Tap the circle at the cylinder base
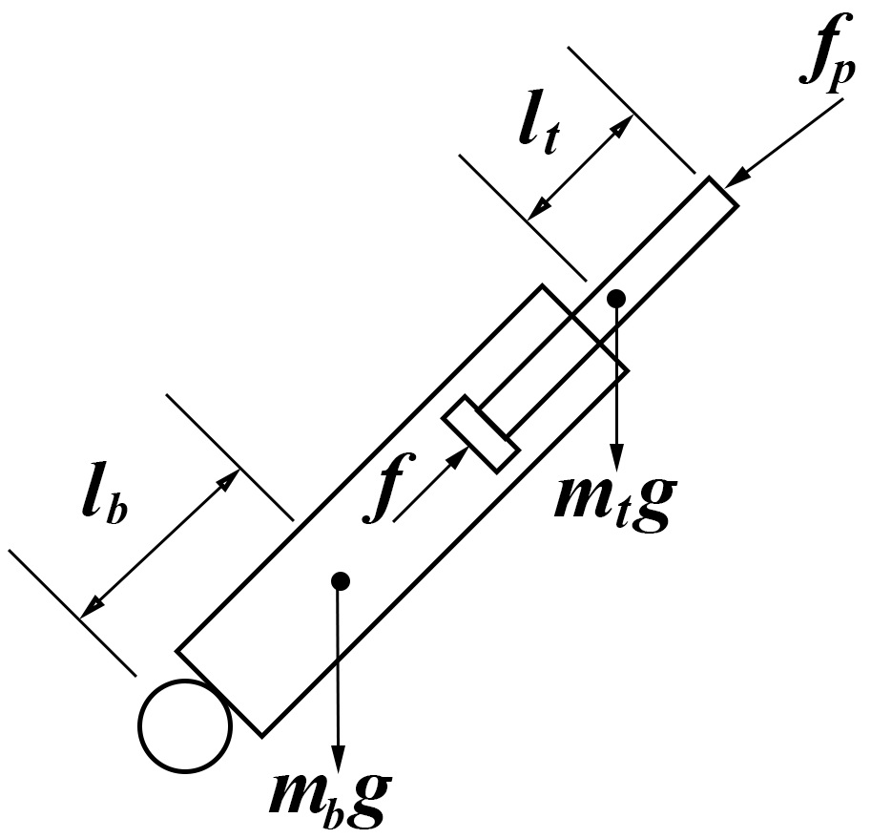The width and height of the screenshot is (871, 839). (185, 724)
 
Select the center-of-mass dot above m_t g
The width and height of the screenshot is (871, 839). (616, 298)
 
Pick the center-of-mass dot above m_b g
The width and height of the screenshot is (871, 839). (338, 579)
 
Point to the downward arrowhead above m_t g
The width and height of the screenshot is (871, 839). (616, 456)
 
